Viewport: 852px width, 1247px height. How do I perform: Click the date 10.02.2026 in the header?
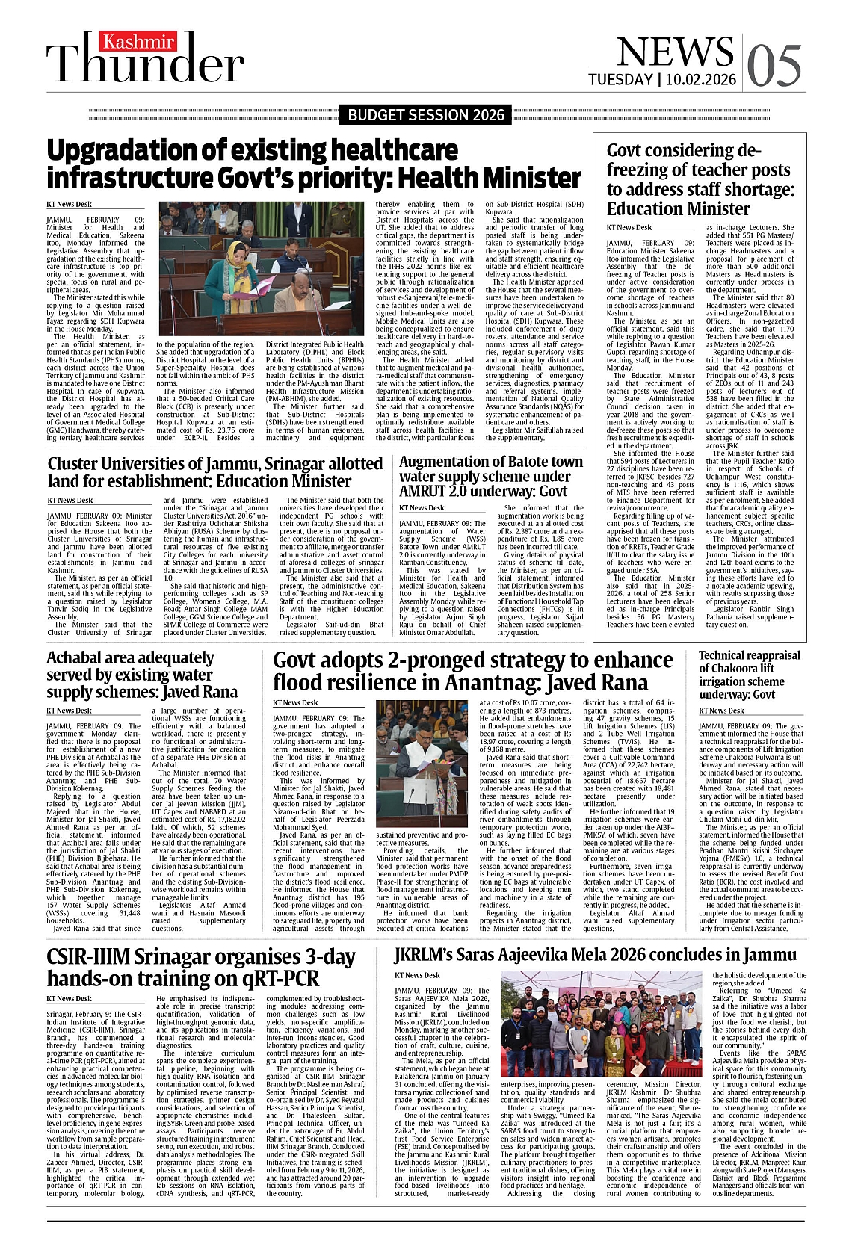coord(702,80)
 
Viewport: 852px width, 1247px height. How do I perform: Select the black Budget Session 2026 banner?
coord(426,115)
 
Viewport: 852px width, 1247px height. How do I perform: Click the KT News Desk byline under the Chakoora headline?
coord(722,711)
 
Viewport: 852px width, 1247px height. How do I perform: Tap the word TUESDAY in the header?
coord(620,80)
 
